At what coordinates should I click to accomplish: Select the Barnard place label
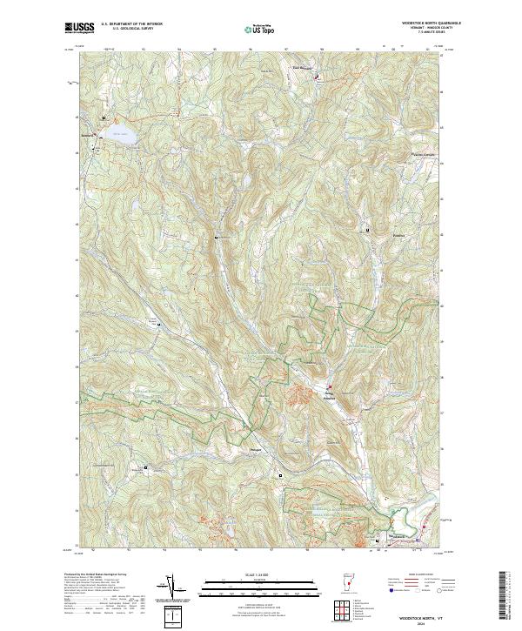point(87,137)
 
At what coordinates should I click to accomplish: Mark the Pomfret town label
point(375,235)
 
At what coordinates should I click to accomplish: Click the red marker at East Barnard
point(316,77)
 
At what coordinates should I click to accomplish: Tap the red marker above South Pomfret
point(330,386)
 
